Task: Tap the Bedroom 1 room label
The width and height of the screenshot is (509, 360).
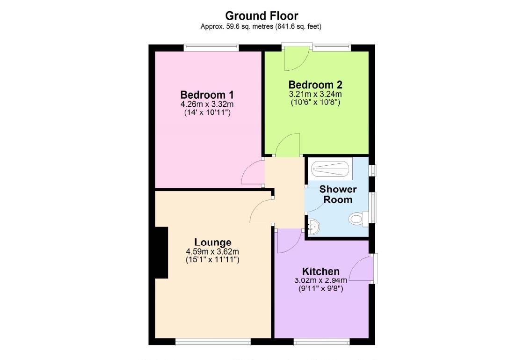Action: (207, 94)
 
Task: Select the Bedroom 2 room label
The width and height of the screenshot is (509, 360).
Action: (315, 85)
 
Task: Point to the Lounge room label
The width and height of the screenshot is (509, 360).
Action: (213, 242)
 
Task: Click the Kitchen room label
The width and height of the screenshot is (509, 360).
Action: (320, 272)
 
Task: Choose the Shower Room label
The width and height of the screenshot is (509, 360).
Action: (338, 194)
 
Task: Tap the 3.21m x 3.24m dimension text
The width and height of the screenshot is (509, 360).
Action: (315, 94)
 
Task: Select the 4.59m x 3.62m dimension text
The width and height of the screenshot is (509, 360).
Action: (213, 251)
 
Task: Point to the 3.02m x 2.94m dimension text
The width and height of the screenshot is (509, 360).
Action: (320, 280)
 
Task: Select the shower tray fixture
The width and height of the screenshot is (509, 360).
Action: (331, 168)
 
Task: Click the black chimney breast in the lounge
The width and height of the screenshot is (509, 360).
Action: (161, 253)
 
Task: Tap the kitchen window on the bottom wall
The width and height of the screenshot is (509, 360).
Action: (322, 342)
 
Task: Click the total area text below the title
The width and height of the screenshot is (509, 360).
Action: (261, 27)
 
